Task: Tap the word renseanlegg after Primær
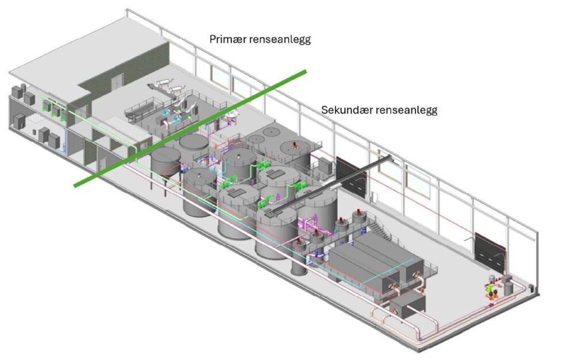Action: (x=285, y=40)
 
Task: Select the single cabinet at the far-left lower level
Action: (x=20, y=121)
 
